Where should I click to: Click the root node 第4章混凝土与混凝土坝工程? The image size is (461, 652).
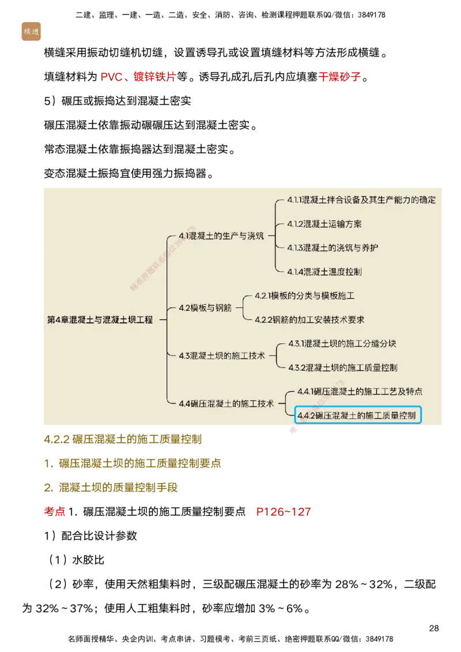coord(100,320)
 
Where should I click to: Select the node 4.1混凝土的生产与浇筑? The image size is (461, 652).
coord(221,236)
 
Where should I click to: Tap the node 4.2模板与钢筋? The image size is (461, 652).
coord(205,308)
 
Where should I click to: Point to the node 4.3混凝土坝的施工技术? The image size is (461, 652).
coord(221,355)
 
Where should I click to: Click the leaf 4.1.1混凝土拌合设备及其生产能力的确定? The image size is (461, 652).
coord(361,200)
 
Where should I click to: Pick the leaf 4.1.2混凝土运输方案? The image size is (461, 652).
coord(324,223)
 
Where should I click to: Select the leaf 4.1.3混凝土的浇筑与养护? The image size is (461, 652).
coord(332,247)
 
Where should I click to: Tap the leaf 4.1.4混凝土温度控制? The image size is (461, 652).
coord(324,271)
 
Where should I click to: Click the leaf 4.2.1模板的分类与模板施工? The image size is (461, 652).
coord(304,295)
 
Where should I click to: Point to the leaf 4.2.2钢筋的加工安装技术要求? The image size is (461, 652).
coord(309,320)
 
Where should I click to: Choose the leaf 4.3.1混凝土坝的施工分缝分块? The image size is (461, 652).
coord(342,343)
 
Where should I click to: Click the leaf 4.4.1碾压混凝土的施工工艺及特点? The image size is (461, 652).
coord(360,391)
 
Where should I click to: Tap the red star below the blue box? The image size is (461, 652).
coord(294,430)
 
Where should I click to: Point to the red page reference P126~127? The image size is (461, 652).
coord(284,511)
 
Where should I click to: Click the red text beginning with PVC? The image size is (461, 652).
coord(138,77)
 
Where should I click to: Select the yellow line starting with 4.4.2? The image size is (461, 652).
coord(122,439)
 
